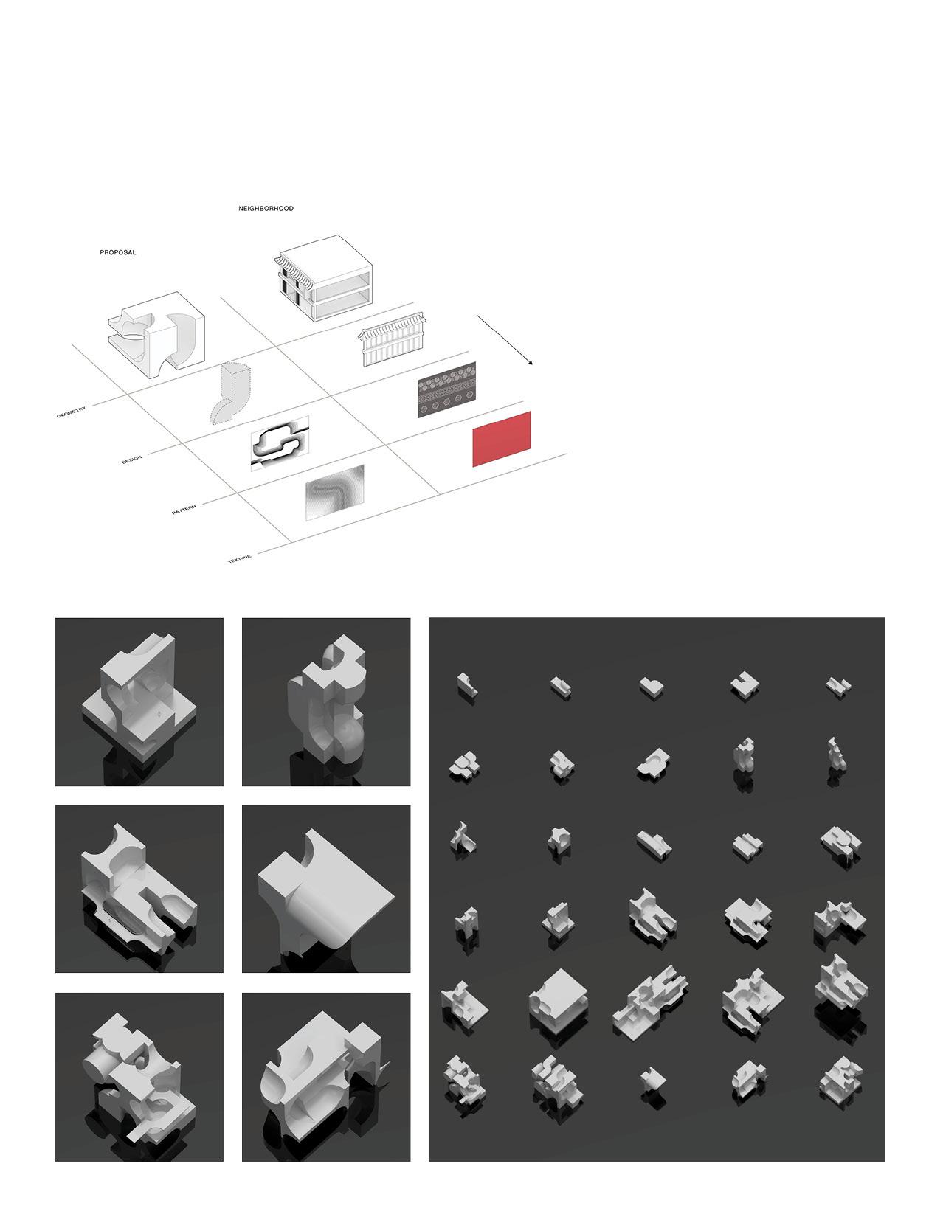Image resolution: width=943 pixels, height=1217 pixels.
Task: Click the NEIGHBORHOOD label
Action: (266, 208)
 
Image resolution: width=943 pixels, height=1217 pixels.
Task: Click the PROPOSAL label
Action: (117, 252)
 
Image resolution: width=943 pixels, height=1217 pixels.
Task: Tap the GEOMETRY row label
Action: (72, 413)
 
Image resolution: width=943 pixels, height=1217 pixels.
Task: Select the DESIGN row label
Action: (131, 460)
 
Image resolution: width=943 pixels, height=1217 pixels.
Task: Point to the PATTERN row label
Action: (184, 510)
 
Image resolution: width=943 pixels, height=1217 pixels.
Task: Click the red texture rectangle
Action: (502, 439)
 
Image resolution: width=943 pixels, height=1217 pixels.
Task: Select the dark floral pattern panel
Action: (446, 389)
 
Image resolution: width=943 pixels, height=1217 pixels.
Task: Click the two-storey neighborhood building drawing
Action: (324, 278)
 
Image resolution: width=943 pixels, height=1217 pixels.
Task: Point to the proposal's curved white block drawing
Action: (157, 330)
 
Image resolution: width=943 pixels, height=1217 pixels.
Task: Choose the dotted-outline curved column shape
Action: (229, 393)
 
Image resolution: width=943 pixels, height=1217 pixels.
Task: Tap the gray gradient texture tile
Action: (334, 493)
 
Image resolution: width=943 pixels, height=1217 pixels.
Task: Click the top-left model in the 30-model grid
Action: (466, 686)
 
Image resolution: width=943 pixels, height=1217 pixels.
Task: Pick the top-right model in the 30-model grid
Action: (839, 686)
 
